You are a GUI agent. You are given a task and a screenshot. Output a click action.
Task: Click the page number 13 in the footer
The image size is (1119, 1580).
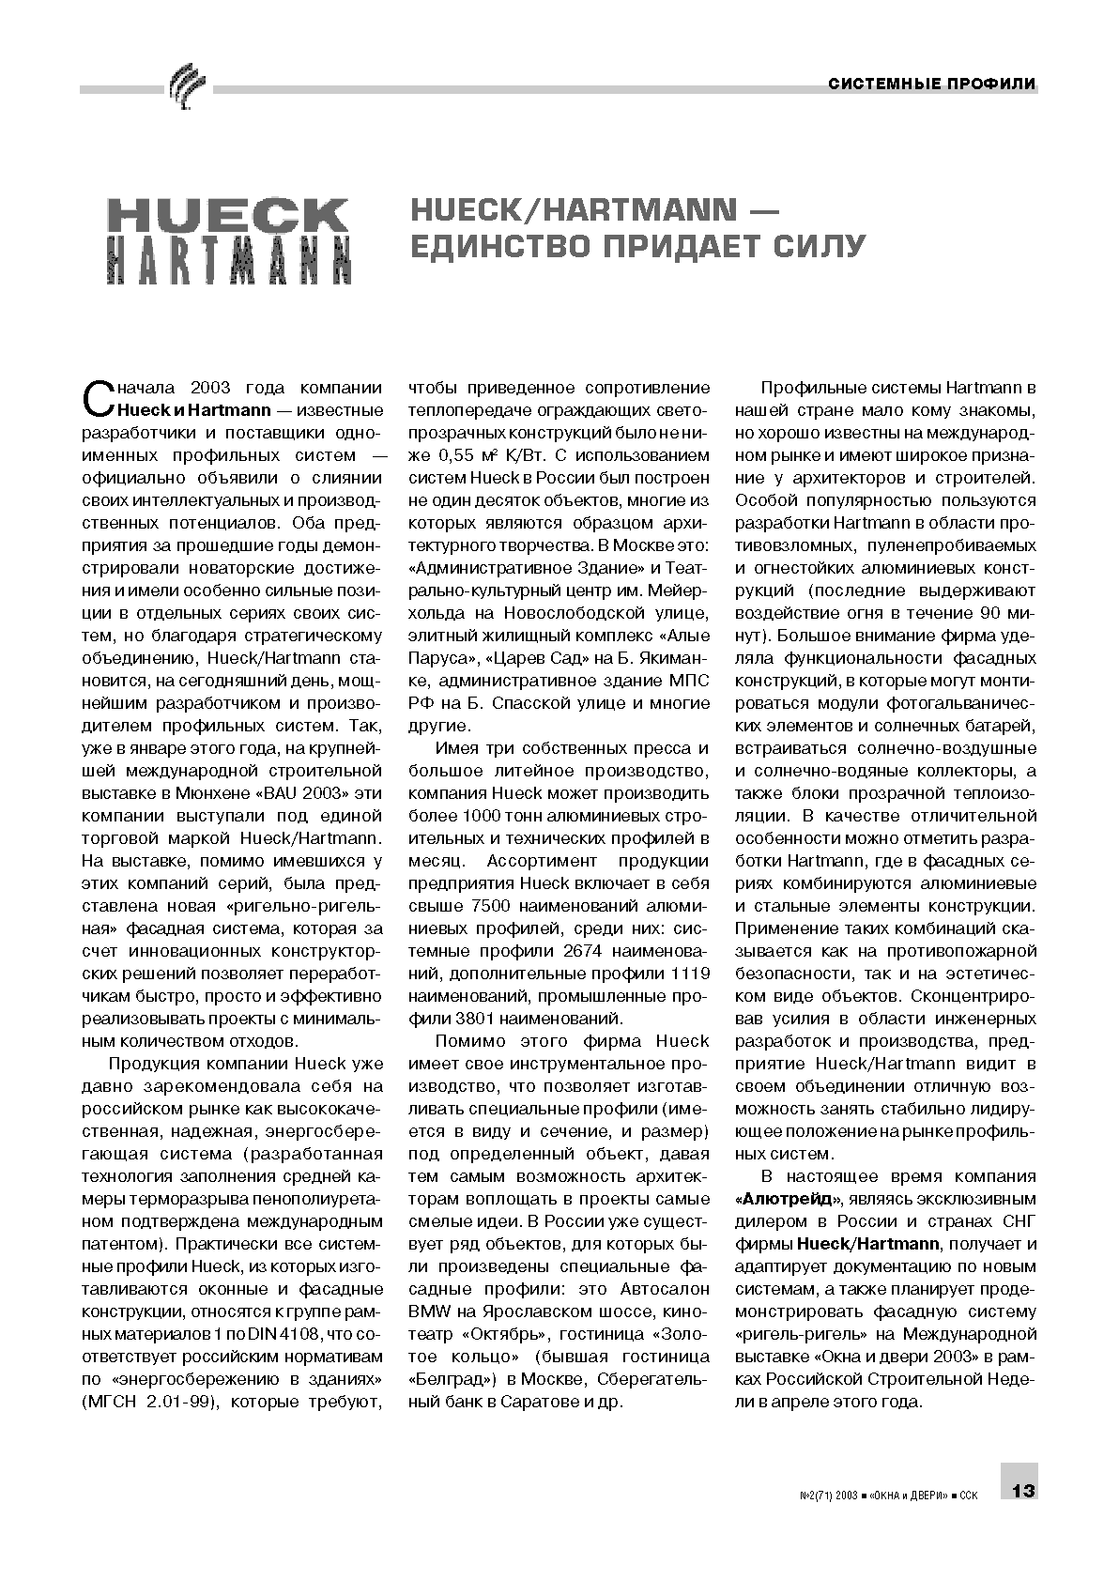(x=1022, y=1491)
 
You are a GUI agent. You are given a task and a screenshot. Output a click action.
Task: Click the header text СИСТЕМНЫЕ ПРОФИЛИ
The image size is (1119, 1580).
(x=931, y=84)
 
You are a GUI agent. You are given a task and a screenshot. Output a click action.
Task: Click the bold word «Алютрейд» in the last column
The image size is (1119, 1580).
(x=789, y=1199)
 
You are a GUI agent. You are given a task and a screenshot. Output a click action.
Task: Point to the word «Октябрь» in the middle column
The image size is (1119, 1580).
(x=506, y=1334)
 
